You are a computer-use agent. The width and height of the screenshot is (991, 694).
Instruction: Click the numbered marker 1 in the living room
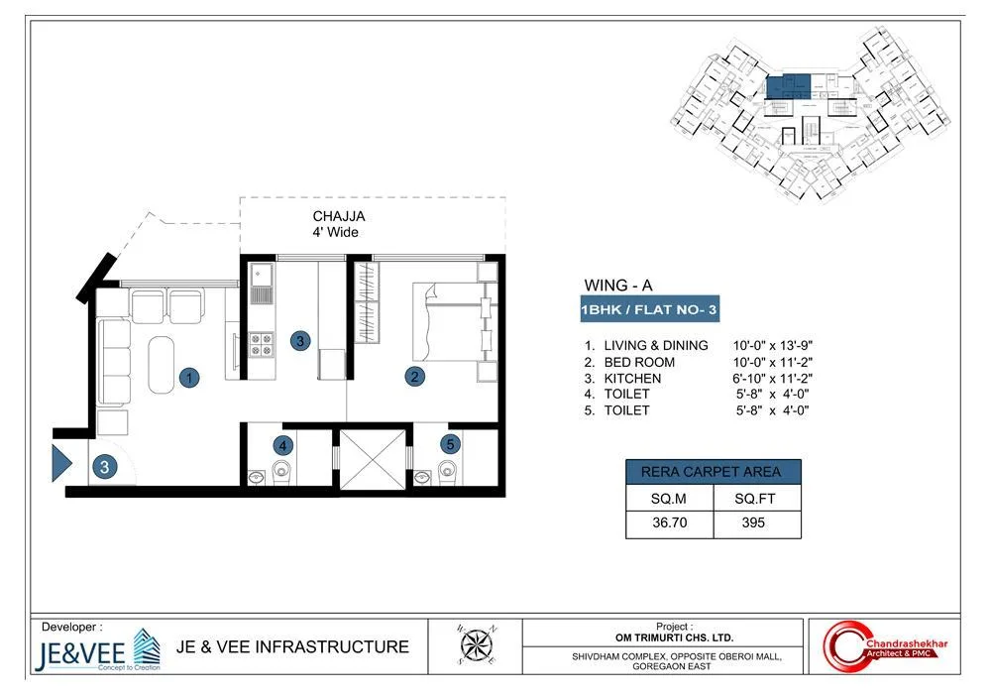coord(187,377)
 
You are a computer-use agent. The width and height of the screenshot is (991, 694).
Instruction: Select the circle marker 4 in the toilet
coord(282,445)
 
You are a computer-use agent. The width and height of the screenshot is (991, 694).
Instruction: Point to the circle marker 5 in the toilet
coord(450,445)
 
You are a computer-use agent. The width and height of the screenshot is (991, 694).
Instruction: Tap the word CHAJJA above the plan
coord(339,216)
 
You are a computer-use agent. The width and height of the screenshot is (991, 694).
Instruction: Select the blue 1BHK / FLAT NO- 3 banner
coord(649,310)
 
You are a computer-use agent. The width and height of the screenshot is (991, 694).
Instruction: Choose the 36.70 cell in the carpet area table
coord(669,522)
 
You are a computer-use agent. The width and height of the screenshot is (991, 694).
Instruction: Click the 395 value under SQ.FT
coord(754,522)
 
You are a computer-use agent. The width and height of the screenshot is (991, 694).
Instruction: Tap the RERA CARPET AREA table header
coord(712,471)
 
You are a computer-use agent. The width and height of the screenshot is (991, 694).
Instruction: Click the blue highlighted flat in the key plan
coord(790,85)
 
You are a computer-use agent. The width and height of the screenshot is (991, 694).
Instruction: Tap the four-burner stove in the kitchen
coord(262,343)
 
